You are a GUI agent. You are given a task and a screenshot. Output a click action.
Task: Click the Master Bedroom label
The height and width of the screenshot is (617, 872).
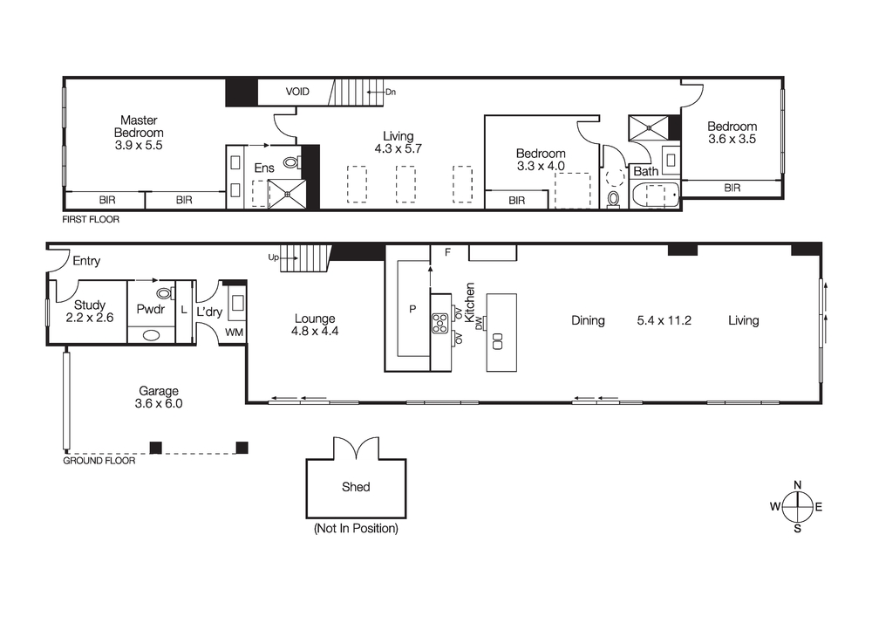point(139,133)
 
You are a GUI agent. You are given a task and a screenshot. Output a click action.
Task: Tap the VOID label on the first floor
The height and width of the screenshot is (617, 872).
point(299,92)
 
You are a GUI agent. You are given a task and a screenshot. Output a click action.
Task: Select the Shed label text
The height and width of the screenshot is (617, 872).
point(356,487)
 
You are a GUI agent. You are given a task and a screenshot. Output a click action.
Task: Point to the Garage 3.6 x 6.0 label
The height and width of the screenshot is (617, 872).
point(159,398)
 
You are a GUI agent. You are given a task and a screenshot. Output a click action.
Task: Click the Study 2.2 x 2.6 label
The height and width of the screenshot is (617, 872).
point(89,312)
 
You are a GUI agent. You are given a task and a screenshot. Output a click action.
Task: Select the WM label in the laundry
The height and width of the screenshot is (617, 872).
point(235,332)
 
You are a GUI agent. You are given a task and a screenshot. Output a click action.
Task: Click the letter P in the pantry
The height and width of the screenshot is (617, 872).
point(412,308)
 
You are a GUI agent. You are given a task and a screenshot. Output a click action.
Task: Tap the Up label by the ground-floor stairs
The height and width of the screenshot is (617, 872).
point(274,257)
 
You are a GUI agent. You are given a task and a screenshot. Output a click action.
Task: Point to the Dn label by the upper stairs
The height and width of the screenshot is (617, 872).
point(390,91)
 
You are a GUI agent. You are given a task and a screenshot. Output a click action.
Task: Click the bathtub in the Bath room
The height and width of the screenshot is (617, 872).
point(654,195)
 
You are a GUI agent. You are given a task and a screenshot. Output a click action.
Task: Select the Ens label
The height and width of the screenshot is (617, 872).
point(264,168)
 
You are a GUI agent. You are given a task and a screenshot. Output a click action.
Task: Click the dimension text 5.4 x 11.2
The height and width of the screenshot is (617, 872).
point(664,320)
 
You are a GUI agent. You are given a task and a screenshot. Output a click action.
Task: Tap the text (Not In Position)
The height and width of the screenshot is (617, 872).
point(356,529)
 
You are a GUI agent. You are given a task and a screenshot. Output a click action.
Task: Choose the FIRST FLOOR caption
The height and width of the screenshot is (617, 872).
point(91,220)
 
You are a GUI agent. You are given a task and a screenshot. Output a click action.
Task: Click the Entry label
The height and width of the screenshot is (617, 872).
point(86,261)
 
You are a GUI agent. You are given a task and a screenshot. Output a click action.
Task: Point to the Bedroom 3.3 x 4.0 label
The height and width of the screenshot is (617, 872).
point(541,159)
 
